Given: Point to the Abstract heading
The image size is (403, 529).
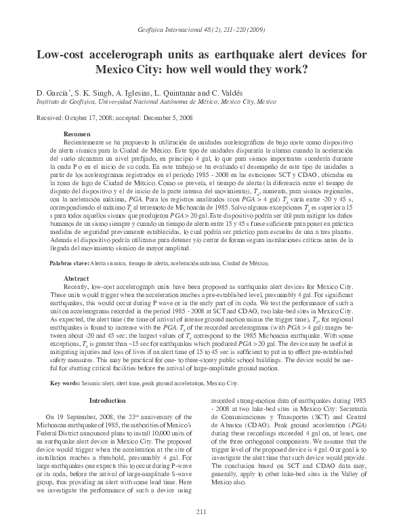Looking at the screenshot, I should pos(76,278).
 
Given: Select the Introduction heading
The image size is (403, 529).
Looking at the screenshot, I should pos(109,401).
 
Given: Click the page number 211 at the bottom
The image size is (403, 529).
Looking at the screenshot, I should pos(200,511).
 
